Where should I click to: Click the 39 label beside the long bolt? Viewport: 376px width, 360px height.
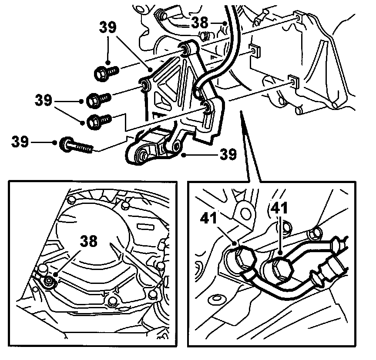20,141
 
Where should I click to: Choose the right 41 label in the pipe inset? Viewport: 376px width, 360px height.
279,209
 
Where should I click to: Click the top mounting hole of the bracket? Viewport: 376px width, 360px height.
186,48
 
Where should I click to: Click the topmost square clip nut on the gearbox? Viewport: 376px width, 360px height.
298,17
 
